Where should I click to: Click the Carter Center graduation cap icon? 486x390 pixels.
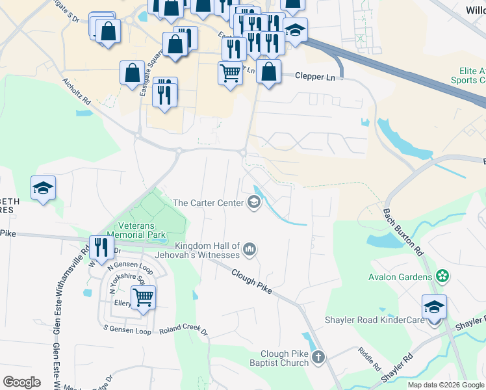[253, 203]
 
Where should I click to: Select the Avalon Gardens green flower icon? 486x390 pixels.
[443, 277]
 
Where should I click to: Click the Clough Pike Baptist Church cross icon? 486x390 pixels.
[318, 357]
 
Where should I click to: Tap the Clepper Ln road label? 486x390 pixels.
[314, 77]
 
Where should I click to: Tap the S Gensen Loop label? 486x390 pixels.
[129, 331]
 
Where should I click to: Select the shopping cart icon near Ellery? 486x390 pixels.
[143, 298]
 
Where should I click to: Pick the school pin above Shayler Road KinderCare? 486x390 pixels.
[434, 306]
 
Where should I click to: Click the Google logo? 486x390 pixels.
[21, 382]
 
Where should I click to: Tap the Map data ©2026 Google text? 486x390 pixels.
[445, 385]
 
